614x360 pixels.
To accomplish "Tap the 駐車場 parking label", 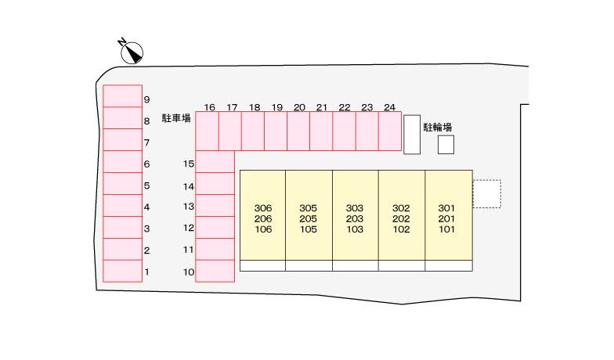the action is pos(176,117).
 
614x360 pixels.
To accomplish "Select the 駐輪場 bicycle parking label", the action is pos(437,127).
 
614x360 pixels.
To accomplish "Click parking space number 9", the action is pos(122,95).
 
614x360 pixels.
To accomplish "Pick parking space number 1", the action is pos(122,271).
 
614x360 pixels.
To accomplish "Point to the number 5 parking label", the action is pos(147,185).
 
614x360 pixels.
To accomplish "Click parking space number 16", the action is pos(207,131).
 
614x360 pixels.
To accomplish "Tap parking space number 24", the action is pos(390,131).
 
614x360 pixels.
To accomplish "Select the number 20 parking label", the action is pos(299,107).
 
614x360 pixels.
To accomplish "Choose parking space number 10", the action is pos(215,271).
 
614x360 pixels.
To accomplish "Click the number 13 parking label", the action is pos(189,207).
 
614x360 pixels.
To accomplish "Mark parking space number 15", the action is pos(215,161).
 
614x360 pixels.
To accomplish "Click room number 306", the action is pos(263,208).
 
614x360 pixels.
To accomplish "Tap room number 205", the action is pos(309,218).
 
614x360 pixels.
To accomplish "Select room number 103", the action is pos(355,229).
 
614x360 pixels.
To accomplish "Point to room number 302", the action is pos(401,208).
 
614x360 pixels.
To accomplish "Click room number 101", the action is pos(446,229).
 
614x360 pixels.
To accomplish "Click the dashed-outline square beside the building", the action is pos(487,180).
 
